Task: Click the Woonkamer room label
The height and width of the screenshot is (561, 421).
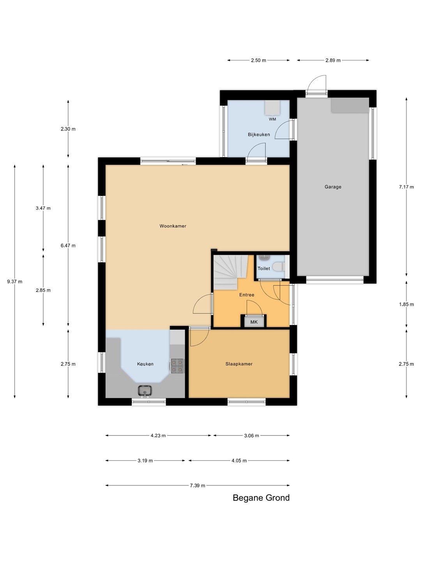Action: (x=173, y=226)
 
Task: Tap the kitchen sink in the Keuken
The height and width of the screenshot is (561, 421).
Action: (x=145, y=391)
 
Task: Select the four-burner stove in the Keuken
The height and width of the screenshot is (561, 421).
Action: (x=177, y=366)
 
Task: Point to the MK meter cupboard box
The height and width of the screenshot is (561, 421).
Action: (x=254, y=321)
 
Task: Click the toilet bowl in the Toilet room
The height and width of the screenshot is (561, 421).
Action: (x=279, y=267)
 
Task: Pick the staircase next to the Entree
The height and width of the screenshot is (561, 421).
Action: (x=231, y=272)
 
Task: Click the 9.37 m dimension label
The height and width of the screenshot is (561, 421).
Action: (x=14, y=282)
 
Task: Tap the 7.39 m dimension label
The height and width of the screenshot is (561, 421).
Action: (x=197, y=485)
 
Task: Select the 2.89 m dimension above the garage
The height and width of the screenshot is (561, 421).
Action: (x=333, y=60)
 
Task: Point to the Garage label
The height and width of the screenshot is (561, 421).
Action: (x=333, y=187)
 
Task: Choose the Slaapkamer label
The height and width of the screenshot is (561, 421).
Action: (x=239, y=364)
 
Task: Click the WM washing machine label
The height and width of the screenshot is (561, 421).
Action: (x=272, y=119)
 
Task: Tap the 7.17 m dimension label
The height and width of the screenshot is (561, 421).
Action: (x=406, y=187)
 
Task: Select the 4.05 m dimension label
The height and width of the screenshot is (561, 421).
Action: (x=239, y=460)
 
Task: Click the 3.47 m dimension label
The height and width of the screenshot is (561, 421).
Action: (x=43, y=208)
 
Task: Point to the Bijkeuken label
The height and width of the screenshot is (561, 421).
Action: (x=259, y=134)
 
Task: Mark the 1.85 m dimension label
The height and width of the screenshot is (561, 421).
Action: (x=406, y=304)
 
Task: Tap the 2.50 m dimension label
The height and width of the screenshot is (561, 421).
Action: (x=258, y=60)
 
